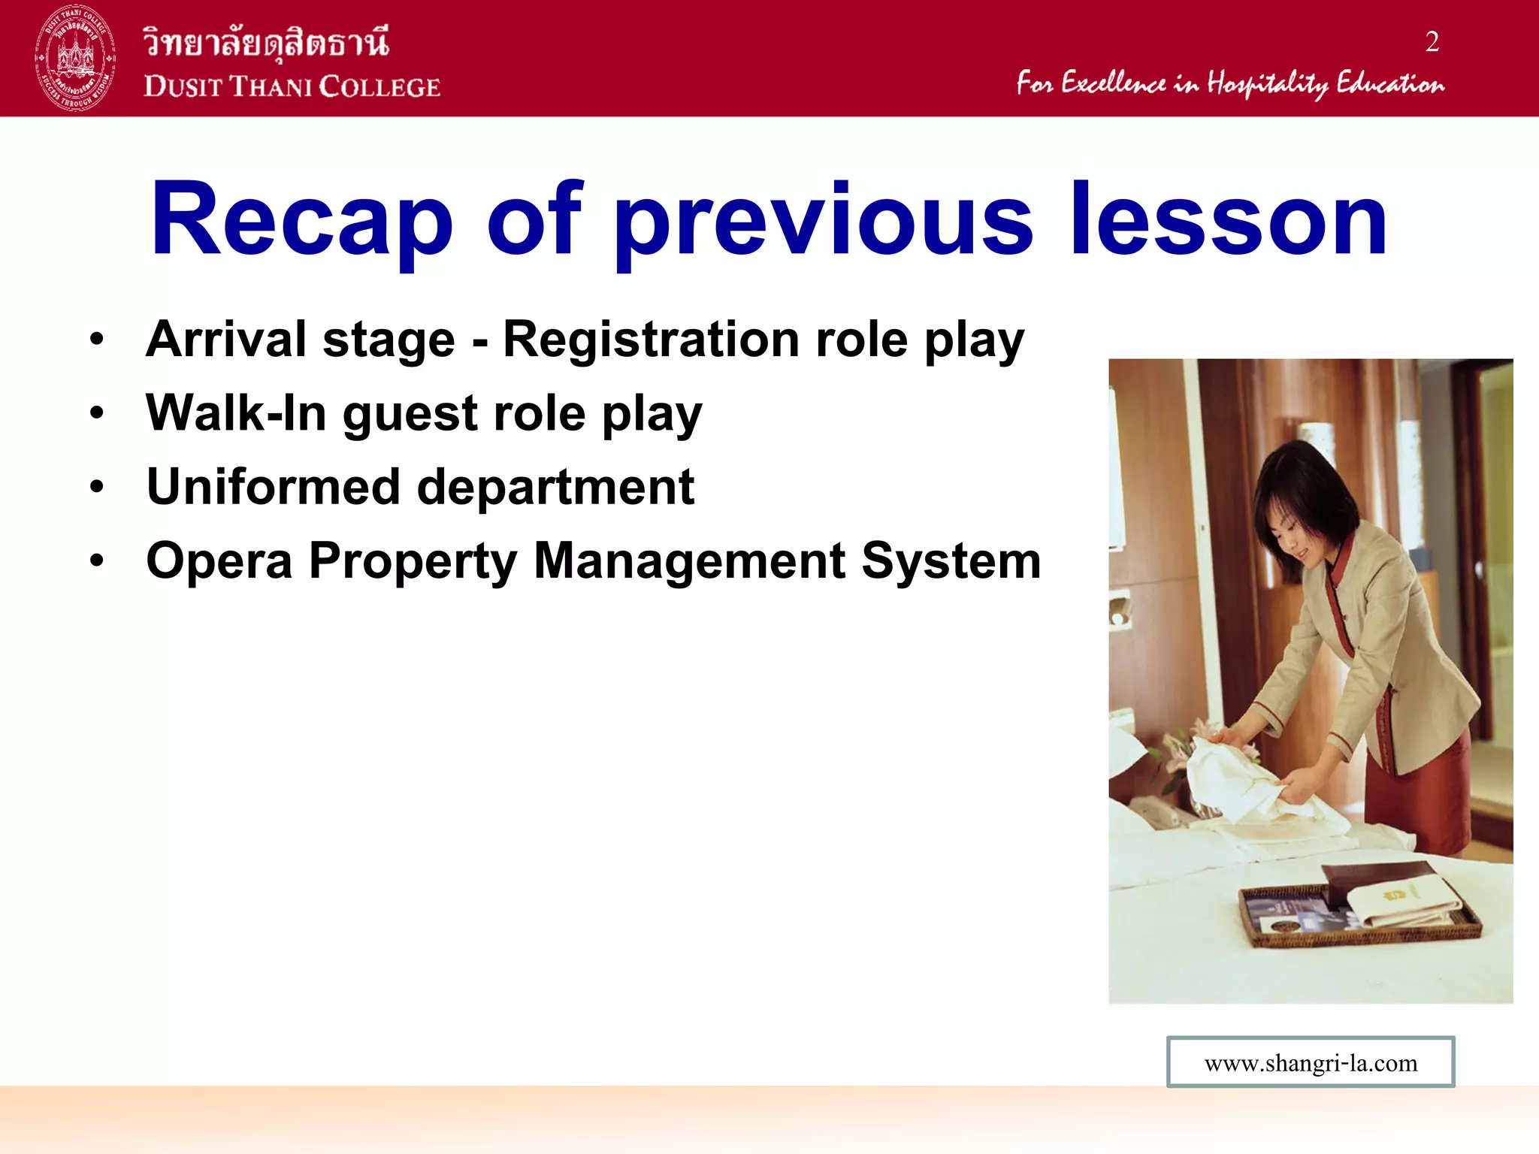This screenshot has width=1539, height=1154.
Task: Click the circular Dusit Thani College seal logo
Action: point(75,58)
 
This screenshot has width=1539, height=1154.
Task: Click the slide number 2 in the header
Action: point(1432,42)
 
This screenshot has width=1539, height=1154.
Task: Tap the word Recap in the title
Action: point(301,220)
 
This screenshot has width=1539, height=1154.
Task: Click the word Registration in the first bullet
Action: point(651,340)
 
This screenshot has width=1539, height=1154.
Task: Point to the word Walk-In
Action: point(236,413)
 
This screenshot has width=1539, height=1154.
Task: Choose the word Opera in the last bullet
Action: point(219,561)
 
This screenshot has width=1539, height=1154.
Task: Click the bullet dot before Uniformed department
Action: point(96,487)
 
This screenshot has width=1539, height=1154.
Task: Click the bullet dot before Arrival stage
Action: point(96,340)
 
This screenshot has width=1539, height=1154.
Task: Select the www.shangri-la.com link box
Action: point(1310,1062)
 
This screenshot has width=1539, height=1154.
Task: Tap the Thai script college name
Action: point(267,41)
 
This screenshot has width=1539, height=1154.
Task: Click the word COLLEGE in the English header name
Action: point(379,87)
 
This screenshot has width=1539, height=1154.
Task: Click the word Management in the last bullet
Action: point(689,561)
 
